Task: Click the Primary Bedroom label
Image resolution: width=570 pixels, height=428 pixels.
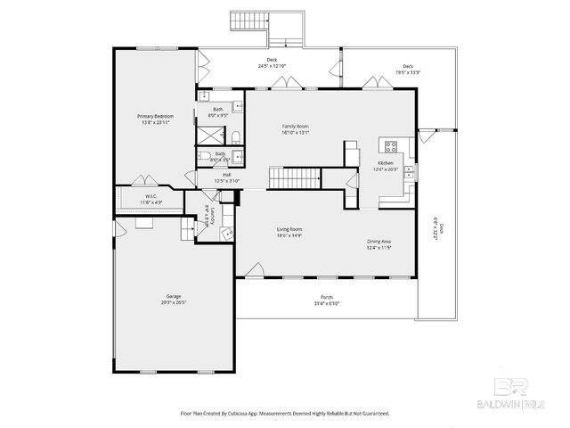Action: click(155, 117)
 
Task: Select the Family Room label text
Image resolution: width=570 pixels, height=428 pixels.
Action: click(294, 128)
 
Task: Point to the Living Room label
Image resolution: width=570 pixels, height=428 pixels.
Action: click(289, 230)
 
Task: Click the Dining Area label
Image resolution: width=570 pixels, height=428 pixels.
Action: click(379, 242)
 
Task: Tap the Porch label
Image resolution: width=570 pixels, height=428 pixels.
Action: click(327, 298)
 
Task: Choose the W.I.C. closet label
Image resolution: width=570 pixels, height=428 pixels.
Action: click(151, 196)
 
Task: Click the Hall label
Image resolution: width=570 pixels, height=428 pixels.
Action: click(227, 175)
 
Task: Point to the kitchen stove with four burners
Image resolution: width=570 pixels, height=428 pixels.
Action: click(390, 145)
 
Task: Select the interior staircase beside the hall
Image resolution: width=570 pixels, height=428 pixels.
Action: click(288, 177)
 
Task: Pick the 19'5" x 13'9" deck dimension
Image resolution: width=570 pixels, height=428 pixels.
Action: click(408, 71)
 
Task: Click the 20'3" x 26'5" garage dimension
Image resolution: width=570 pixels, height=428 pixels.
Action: click(173, 302)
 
